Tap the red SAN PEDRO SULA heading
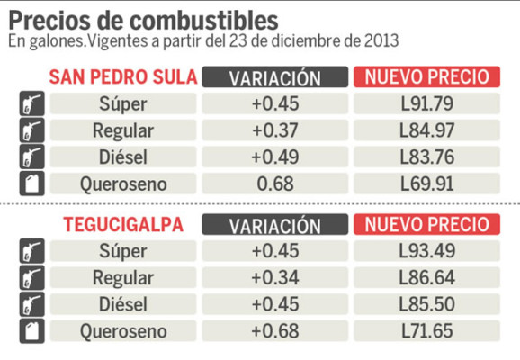click(x=123, y=76)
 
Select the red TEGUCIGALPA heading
click(x=123, y=224)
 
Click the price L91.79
click(x=427, y=103)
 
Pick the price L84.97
click(x=427, y=131)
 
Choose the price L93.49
click(x=427, y=250)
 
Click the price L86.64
click(x=427, y=277)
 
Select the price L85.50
click(x=427, y=304)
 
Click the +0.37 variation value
click(x=275, y=131)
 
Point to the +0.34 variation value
click(x=275, y=277)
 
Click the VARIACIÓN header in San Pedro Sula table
click(x=275, y=77)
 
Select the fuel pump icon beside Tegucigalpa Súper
click(x=29, y=251)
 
